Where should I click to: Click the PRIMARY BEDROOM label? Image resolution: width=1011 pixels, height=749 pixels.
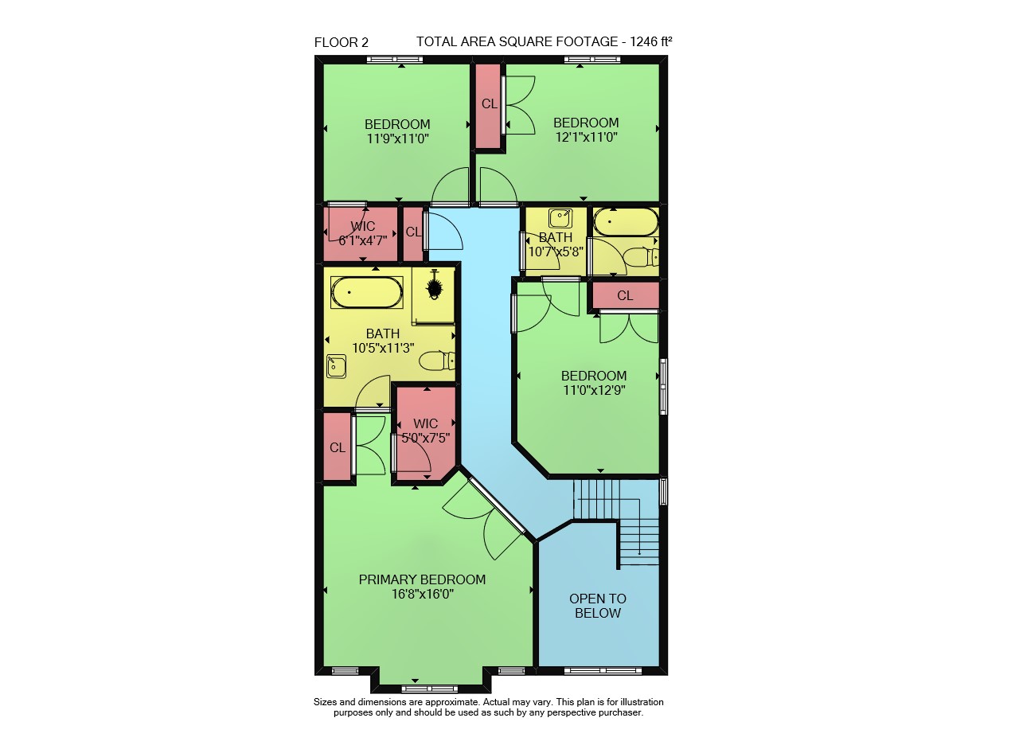pos(422,579)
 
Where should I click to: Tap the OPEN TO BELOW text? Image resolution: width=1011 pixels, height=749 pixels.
pos(598,606)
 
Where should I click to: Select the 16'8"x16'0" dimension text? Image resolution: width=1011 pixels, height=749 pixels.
pos(423,594)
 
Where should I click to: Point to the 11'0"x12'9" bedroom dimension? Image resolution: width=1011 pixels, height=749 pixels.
pos(594,390)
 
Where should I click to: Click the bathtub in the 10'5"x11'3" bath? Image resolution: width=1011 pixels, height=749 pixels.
pos(367,293)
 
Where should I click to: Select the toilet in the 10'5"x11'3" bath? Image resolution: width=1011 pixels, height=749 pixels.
pos(437,361)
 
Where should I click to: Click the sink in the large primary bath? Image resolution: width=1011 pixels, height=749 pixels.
pos(337,366)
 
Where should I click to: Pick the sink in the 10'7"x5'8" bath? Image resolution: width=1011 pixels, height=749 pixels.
pos(560,218)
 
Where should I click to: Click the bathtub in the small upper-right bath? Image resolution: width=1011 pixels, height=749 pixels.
pos(627,222)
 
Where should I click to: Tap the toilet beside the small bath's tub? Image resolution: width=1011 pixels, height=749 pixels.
pos(641,257)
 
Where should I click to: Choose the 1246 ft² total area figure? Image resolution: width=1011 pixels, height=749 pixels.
pos(651,41)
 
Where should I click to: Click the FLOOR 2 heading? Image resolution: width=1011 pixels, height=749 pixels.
pos(342,42)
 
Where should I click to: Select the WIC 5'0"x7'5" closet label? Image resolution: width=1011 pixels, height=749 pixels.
pos(425,431)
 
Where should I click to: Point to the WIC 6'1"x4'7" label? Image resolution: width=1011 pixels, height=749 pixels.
pos(363,233)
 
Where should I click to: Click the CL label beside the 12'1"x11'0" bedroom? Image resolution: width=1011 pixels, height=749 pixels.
pos(489,104)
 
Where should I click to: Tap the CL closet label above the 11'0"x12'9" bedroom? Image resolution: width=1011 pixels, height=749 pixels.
pos(625,295)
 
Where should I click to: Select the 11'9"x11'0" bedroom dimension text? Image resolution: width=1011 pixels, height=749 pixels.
pos(397,138)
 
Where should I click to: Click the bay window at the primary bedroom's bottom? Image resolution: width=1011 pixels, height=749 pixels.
pos(429,689)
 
